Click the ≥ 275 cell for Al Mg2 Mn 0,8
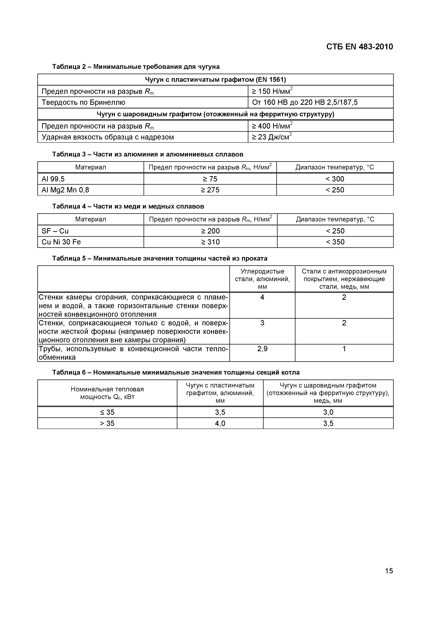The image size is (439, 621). [x=210, y=190]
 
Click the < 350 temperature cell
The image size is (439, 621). [x=335, y=242]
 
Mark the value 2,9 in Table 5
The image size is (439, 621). [x=262, y=349]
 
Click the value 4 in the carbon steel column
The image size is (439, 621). [x=262, y=297]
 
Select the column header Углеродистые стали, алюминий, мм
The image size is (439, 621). [x=262, y=279]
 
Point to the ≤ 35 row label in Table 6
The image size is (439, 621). [x=107, y=412]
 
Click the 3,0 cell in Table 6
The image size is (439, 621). [x=328, y=412]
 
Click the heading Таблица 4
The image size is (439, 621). [x=128, y=206]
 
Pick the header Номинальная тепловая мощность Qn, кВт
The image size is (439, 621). [x=107, y=393]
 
